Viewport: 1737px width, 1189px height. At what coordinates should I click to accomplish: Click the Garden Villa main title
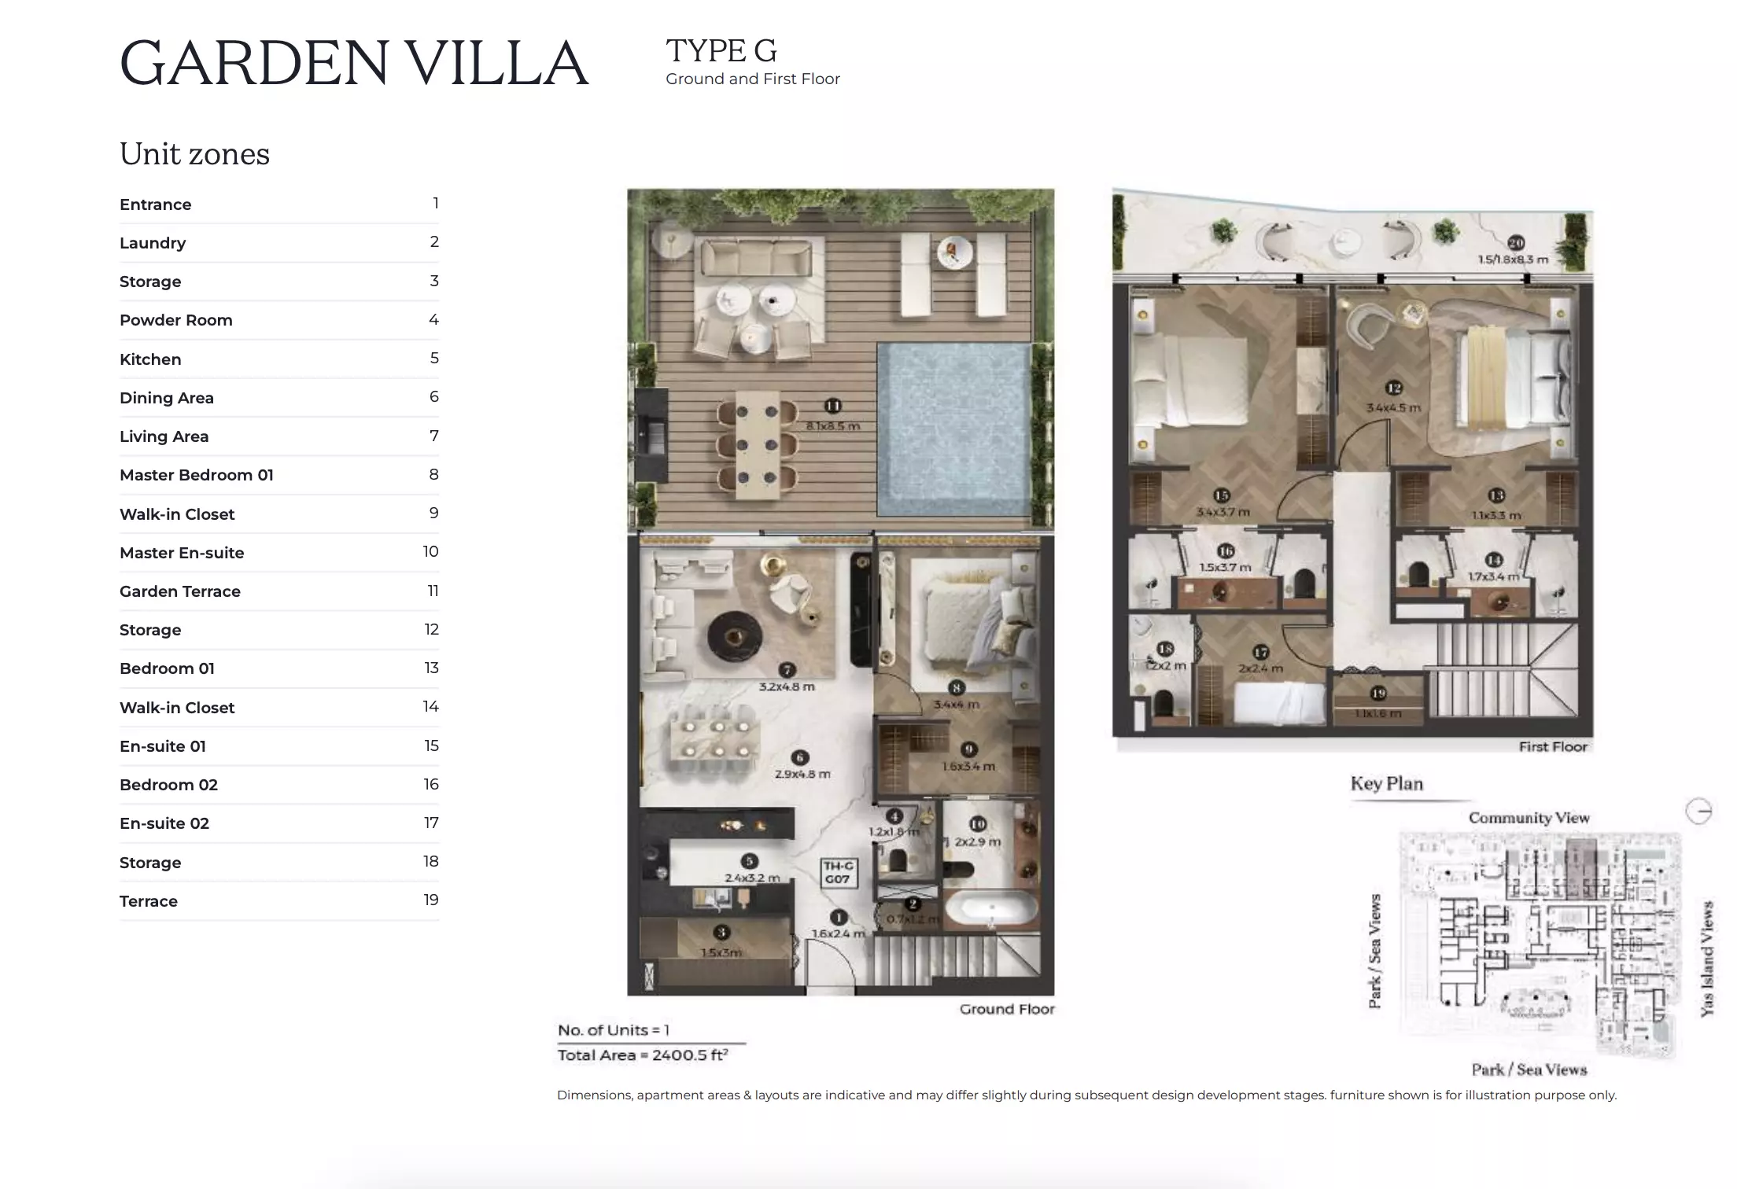coord(354,63)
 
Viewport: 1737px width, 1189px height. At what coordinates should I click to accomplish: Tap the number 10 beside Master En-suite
coord(430,552)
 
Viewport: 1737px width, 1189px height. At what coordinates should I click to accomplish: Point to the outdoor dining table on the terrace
coord(758,444)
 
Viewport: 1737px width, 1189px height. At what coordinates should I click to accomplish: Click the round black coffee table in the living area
coord(734,635)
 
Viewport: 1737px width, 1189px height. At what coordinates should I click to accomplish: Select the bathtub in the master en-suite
coord(991,910)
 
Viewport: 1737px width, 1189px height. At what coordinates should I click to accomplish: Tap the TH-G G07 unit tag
coord(838,872)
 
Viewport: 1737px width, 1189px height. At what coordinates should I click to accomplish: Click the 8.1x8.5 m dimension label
coord(832,426)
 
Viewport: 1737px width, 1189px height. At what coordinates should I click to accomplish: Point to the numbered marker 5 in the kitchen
coord(750,861)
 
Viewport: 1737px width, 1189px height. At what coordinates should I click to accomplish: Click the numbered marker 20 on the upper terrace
coord(1515,243)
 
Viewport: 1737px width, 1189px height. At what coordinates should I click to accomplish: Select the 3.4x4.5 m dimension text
coord(1393,408)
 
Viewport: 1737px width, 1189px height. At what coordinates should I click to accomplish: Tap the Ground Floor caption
coord(1006,1009)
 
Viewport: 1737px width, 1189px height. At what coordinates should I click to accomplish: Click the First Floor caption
coord(1552,746)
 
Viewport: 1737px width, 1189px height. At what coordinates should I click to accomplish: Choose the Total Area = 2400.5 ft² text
coord(642,1055)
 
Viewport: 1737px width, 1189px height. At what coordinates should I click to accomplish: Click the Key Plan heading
coord(1386,784)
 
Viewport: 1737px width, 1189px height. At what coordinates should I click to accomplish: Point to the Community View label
coord(1529,818)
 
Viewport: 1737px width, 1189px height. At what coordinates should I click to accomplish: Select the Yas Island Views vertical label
coord(1706,959)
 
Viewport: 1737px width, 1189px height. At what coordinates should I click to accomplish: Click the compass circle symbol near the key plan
coord(1698,811)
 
